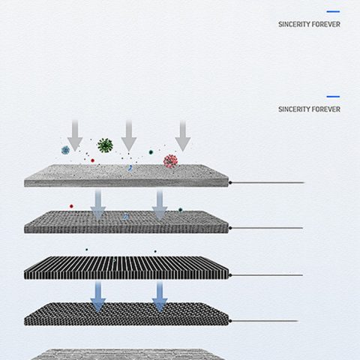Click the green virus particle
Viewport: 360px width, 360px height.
click(x=105, y=145)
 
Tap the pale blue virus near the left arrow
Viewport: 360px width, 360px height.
click(x=65, y=150)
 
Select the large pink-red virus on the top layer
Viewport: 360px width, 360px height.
click(x=170, y=161)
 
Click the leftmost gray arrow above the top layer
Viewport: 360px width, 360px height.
click(x=75, y=136)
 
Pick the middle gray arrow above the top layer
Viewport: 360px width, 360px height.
click(x=129, y=136)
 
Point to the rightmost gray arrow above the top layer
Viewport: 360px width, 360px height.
click(x=183, y=136)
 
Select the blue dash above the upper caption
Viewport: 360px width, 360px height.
click(x=333, y=11)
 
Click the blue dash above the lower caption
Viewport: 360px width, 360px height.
click(x=333, y=97)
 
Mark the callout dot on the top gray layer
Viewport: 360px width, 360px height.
click(x=230, y=183)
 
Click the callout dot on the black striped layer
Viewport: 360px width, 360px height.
click(x=230, y=275)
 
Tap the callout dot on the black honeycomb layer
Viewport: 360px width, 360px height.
click(x=230, y=321)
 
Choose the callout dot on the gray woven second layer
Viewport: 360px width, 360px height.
click(x=230, y=228)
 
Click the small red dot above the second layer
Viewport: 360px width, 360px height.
click(x=71, y=206)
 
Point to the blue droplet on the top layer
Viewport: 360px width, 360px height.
click(x=130, y=168)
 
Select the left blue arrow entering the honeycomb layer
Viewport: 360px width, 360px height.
click(x=98, y=297)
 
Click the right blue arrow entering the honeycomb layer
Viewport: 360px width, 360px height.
click(x=160, y=297)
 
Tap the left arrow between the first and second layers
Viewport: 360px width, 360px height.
click(x=98, y=205)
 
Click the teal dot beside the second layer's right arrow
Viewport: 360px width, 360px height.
click(x=180, y=210)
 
